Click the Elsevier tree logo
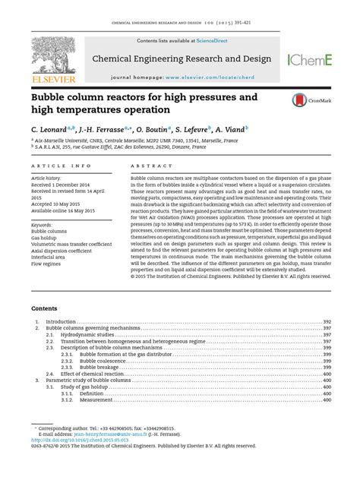tap(51, 55)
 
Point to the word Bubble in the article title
tap(49, 99)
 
